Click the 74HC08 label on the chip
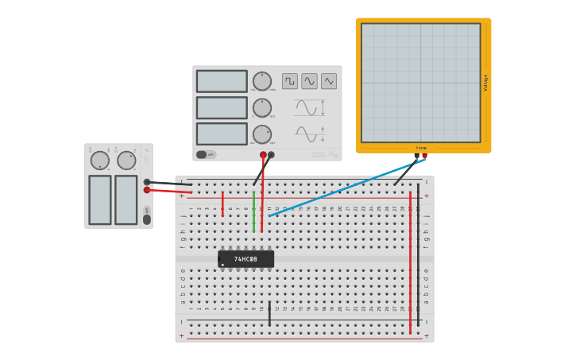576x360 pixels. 245,259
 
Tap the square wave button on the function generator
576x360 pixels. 290,81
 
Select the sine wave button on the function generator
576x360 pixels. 309,81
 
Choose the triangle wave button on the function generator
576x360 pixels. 329,81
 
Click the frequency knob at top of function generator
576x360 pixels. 262,81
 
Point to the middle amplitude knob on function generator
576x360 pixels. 262,107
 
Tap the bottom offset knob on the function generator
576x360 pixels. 262,134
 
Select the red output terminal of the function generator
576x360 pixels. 263,155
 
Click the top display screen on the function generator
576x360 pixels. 222,81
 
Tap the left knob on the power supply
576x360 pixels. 100,161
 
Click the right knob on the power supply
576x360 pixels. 126,161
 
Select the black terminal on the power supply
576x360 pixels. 147,182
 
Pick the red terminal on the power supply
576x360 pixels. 147,190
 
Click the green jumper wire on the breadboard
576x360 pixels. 253,211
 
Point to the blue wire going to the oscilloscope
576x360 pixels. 342,188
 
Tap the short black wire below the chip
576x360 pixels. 269,313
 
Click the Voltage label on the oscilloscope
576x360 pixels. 486,83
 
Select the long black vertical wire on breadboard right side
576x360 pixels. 418,254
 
